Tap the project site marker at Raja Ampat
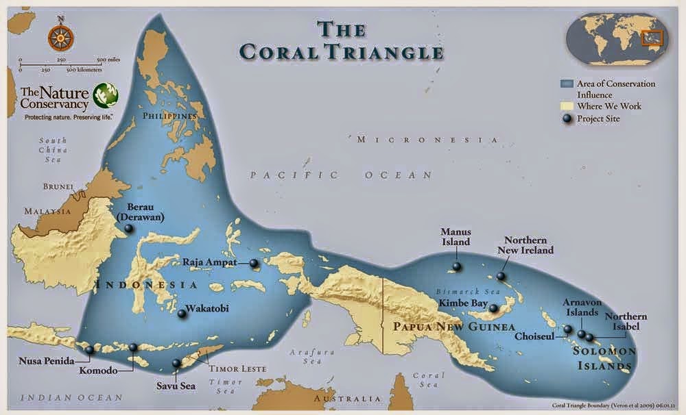click(x=253, y=263)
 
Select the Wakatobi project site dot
click(x=182, y=314)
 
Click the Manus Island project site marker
click(x=456, y=266)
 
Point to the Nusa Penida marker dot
click(x=89, y=350)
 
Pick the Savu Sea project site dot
click(x=176, y=363)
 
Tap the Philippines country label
click(x=169, y=116)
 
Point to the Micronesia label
click(x=427, y=140)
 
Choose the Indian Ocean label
click(x=71, y=397)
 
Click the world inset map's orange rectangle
click(x=650, y=38)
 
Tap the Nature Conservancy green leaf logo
click(x=106, y=95)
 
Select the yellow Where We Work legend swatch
click(x=566, y=106)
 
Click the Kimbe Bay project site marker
click(x=493, y=309)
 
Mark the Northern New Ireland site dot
click(x=501, y=276)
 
